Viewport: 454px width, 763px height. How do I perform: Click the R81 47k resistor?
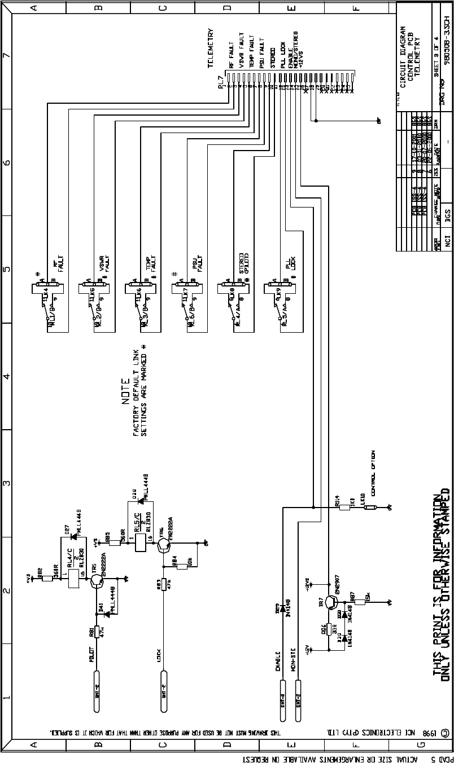(x=97, y=632)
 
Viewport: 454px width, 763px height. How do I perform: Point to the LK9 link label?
(x=274, y=297)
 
